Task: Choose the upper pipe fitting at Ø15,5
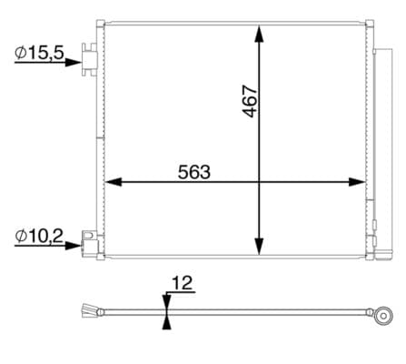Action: click(89, 58)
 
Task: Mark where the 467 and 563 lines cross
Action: click(260, 182)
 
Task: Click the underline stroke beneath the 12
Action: click(182, 294)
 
